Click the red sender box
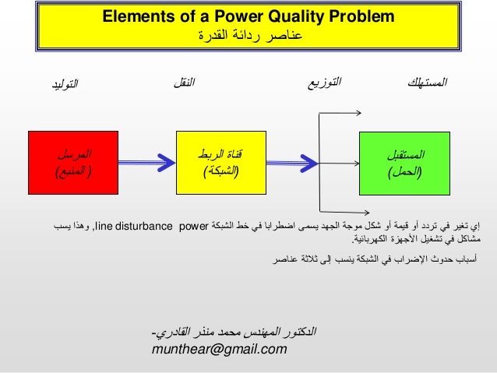[66, 163]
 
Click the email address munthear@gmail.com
[220, 350]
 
